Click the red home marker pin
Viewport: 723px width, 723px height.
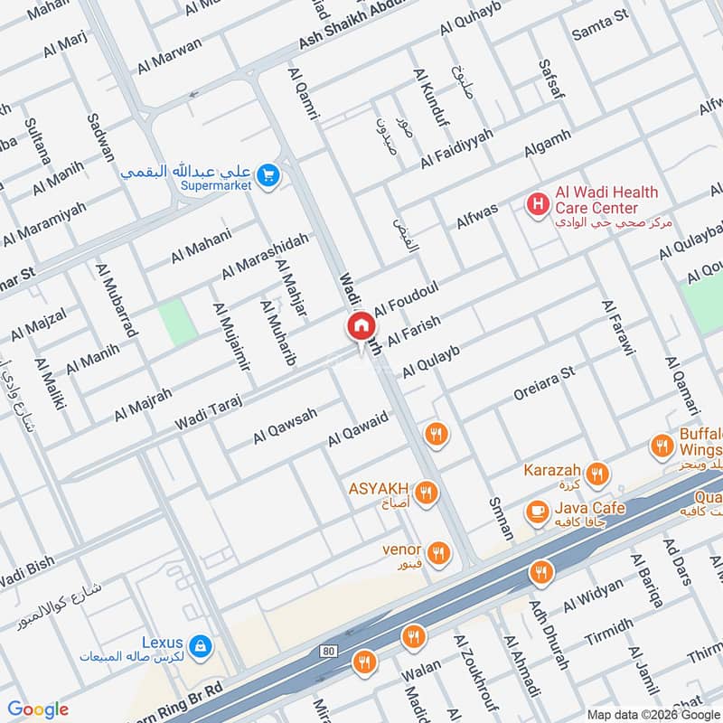(360, 326)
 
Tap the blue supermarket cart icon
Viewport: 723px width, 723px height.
(268, 176)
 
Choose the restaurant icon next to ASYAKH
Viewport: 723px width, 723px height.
(427, 493)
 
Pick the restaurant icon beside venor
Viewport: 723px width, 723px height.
(438, 552)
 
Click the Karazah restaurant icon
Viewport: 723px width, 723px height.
(596, 474)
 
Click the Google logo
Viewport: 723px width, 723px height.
(38, 709)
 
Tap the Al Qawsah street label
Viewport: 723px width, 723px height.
(285, 424)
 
